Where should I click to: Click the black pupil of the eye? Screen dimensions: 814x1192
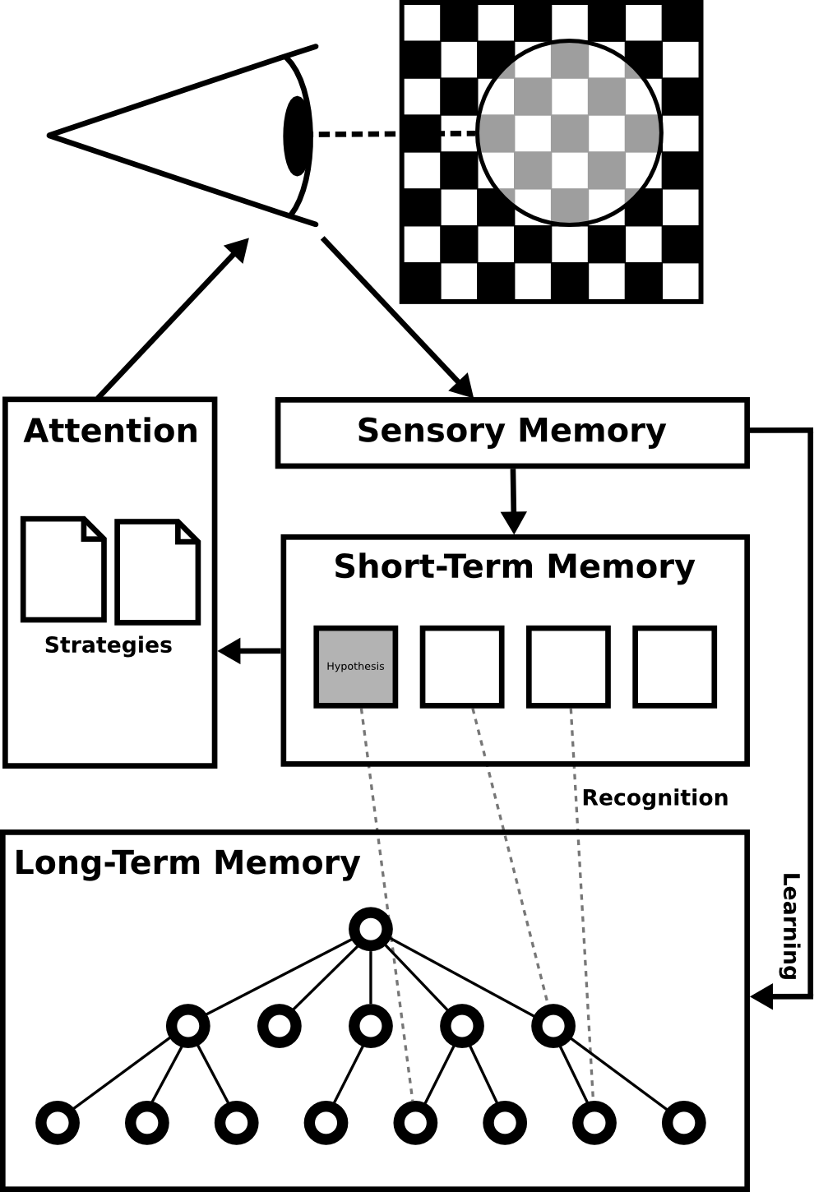click(x=298, y=136)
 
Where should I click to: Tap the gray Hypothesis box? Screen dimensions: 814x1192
click(x=356, y=667)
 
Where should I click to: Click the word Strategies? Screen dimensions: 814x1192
click(x=109, y=645)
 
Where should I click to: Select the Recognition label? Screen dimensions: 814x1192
click(x=654, y=798)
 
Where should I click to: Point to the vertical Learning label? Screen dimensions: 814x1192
click(x=790, y=926)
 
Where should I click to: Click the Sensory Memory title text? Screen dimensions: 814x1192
click(x=511, y=431)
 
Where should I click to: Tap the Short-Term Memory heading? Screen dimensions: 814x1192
click(x=514, y=566)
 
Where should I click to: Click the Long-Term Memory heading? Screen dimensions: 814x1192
click(x=187, y=863)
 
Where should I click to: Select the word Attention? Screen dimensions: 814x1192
click(x=111, y=431)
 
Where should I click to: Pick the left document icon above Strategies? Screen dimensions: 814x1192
click(x=64, y=569)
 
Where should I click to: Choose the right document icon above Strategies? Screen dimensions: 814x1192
click(x=158, y=571)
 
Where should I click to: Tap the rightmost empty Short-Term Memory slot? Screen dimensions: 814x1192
click(x=674, y=667)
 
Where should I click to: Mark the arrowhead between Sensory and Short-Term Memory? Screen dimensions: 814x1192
click(x=514, y=522)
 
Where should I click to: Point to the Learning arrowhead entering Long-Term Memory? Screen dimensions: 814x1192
click(x=761, y=996)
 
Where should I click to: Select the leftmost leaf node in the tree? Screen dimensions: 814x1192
click(x=58, y=1123)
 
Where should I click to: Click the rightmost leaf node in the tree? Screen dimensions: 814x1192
click(x=683, y=1123)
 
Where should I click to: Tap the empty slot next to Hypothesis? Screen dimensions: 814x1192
click(x=462, y=667)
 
